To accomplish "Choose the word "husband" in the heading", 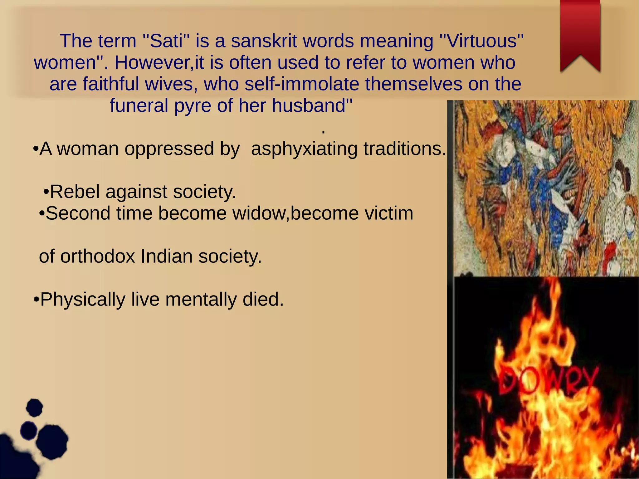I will click(x=309, y=105).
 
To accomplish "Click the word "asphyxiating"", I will click(x=304, y=149).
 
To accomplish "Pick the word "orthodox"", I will click(x=98, y=257).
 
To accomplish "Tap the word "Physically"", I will click(x=83, y=300).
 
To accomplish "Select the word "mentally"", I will click(x=201, y=300).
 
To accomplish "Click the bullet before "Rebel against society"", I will click(x=46, y=192).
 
